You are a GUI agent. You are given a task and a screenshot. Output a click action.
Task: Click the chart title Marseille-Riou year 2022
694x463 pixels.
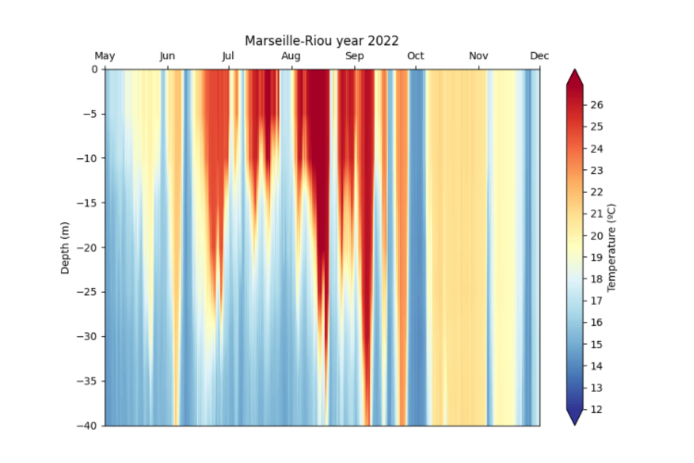click(x=322, y=41)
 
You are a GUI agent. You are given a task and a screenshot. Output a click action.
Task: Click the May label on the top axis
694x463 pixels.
click(x=105, y=56)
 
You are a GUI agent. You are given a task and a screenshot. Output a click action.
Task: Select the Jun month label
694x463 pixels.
click(x=167, y=56)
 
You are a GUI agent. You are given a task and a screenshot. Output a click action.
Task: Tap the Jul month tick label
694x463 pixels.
click(x=228, y=56)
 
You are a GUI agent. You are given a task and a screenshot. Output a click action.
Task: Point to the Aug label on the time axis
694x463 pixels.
click(x=291, y=56)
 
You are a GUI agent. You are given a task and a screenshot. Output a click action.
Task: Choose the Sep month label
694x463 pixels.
click(x=354, y=56)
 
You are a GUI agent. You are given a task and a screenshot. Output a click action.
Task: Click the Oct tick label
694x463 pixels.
click(x=415, y=56)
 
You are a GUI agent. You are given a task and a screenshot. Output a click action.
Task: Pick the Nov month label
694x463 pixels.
click(x=478, y=56)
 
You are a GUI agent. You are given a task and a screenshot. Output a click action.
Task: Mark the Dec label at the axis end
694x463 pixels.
click(x=539, y=56)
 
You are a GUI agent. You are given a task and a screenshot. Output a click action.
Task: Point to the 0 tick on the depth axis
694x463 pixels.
click(x=95, y=69)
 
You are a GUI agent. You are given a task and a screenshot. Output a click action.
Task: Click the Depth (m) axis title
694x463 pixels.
click(x=65, y=248)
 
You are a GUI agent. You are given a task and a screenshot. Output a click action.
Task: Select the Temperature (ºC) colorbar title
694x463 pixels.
click(x=612, y=248)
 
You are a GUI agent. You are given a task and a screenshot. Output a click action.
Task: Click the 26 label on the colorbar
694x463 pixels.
click(x=597, y=105)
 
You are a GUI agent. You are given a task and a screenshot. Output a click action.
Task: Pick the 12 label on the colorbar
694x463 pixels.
click(x=597, y=410)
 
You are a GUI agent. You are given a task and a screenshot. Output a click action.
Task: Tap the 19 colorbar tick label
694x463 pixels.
click(x=597, y=257)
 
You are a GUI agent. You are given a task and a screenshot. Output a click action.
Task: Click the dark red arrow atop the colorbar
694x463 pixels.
click(x=575, y=77)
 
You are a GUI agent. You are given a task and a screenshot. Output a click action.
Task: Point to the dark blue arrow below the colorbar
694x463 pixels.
click(x=575, y=418)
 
